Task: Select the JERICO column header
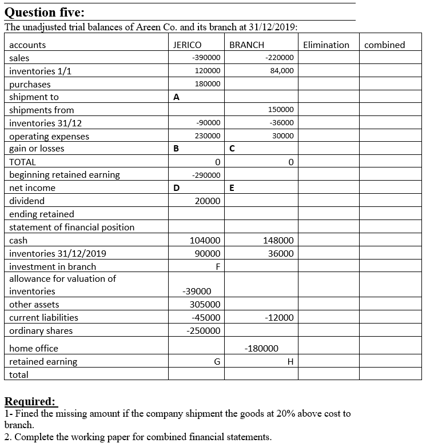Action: click(x=187, y=45)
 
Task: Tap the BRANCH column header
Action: click(x=246, y=45)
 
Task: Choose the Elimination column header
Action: click(x=326, y=45)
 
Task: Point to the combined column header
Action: click(x=384, y=45)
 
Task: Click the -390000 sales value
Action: click(x=206, y=58)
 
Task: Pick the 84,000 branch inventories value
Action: click(x=281, y=71)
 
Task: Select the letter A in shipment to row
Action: click(x=177, y=97)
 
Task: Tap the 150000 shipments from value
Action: click(x=281, y=110)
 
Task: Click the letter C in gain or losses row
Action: click(x=231, y=149)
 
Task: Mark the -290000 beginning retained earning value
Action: click(x=206, y=175)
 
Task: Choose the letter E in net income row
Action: click(x=231, y=188)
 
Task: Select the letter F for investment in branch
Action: click(x=217, y=266)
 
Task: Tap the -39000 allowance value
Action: click(x=196, y=292)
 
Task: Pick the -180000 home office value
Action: click(x=261, y=348)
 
